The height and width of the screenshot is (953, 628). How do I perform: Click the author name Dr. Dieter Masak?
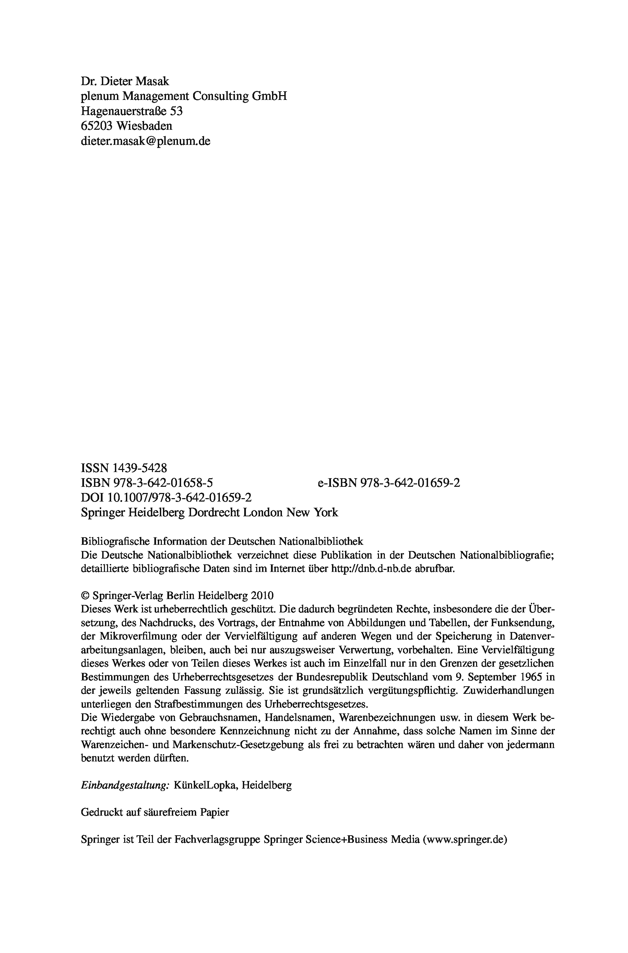pos(125,81)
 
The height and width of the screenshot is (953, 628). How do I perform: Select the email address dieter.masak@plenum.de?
pos(145,141)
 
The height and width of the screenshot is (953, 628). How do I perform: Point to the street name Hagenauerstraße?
pos(124,111)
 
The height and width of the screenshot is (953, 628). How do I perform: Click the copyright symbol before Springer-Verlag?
pos(85,596)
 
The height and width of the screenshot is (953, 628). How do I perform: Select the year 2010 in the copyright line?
pos(262,596)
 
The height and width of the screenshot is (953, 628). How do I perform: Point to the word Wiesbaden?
pos(144,126)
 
